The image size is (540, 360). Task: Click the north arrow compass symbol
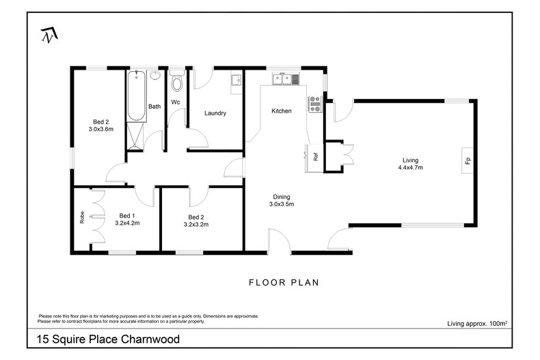pyautogui.click(x=48, y=34)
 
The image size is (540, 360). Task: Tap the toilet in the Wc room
pyautogui.click(x=177, y=84)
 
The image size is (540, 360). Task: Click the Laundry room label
pyautogui.click(x=215, y=113)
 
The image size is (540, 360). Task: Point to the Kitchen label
pyautogui.click(x=282, y=111)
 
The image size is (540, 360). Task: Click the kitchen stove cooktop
pyautogui.click(x=316, y=104)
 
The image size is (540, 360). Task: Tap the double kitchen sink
pyautogui.click(x=286, y=79)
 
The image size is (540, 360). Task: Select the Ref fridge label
pyautogui.click(x=316, y=155)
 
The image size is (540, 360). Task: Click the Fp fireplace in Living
pyautogui.click(x=468, y=161)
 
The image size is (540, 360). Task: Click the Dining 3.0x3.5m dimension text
pyautogui.click(x=281, y=204)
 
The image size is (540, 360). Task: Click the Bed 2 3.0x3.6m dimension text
pyautogui.click(x=100, y=128)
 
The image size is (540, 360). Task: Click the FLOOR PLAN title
pyautogui.click(x=284, y=281)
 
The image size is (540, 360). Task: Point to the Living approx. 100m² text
pyautogui.click(x=476, y=323)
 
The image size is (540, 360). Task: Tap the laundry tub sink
pyautogui.click(x=237, y=79)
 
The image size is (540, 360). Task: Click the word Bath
pyautogui.click(x=155, y=107)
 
